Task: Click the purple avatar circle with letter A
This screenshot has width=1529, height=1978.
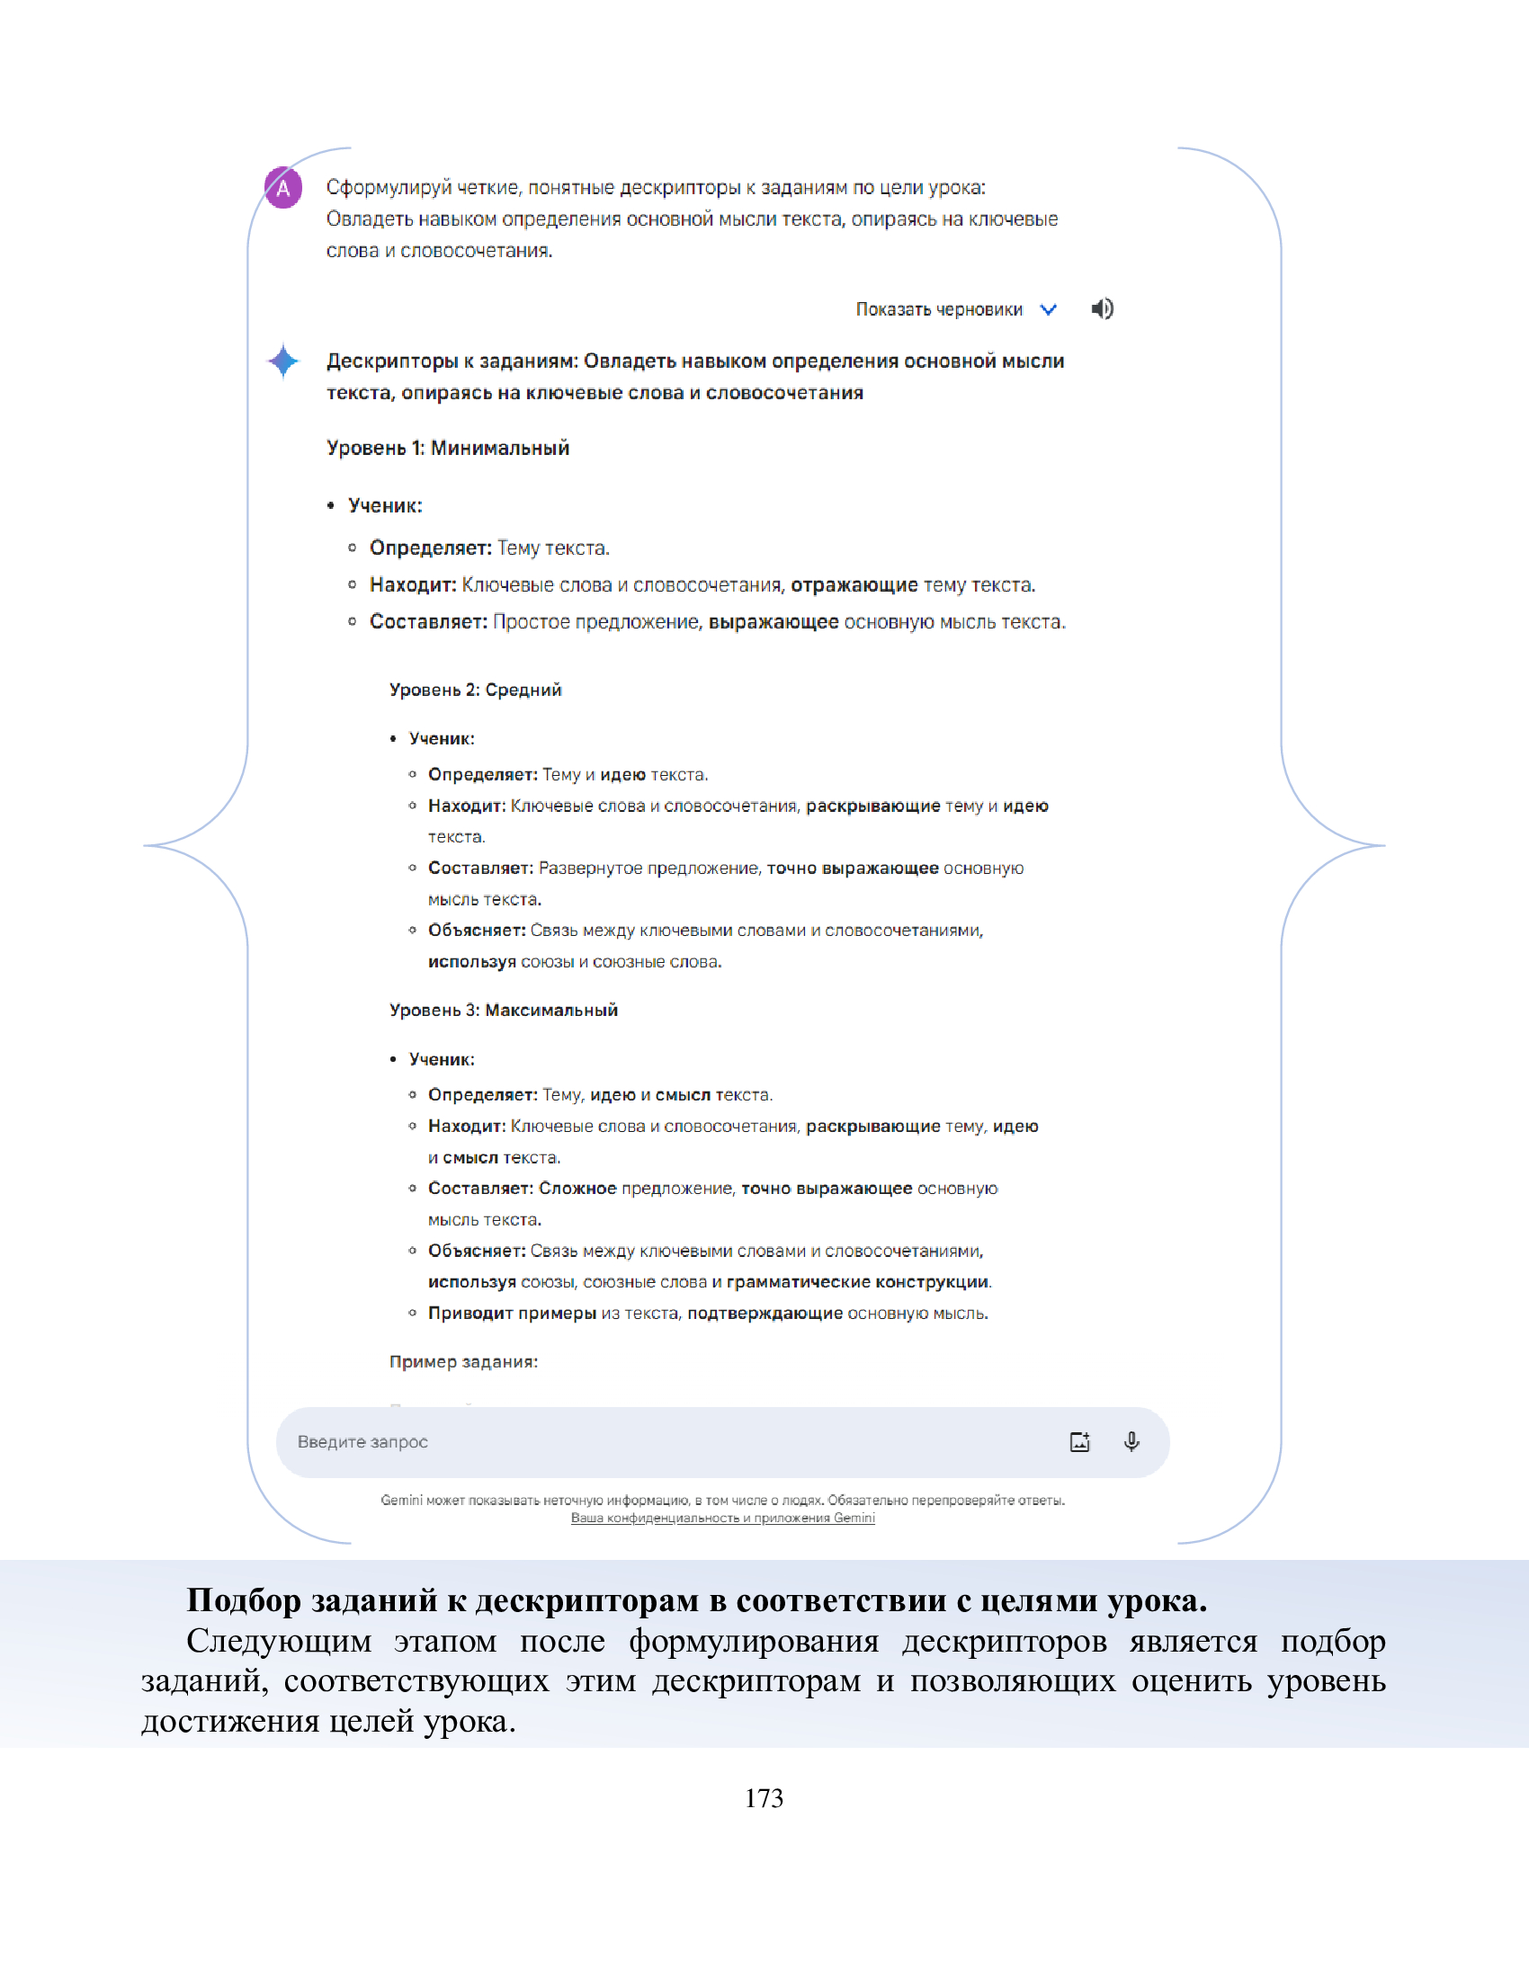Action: tap(282, 189)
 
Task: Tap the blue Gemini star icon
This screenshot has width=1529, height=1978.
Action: tap(283, 361)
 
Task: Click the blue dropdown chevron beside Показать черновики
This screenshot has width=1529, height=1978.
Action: tap(1048, 310)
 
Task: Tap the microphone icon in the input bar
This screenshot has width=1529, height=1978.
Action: tap(1131, 1442)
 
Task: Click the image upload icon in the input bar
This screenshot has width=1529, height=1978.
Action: tap(1079, 1442)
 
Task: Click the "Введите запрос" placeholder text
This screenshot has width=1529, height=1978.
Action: tap(362, 1442)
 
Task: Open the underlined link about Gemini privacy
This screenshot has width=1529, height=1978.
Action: tap(722, 1518)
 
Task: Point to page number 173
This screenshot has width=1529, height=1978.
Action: tap(764, 1798)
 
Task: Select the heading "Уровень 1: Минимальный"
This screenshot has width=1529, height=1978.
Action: tap(448, 449)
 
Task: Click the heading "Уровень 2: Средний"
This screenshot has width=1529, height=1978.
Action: tap(475, 691)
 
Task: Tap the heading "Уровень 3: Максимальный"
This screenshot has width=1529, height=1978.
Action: tap(503, 1010)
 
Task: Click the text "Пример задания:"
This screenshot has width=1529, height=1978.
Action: tap(463, 1362)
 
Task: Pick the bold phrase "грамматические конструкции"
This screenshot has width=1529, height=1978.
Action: tap(857, 1282)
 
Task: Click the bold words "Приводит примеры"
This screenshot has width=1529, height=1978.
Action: tap(512, 1314)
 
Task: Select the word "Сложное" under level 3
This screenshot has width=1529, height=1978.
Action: tap(577, 1189)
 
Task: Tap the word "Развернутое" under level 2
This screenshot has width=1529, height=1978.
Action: tap(591, 869)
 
